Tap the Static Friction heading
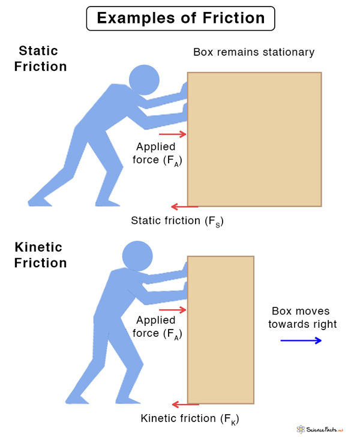click(42, 58)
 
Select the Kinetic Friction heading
click(40, 255)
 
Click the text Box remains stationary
click(253, 52)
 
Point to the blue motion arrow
click(301, 340)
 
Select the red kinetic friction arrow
click(185, 404)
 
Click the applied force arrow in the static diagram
click(173, 134)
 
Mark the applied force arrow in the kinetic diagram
click(173, 310)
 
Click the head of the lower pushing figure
click(138, 255)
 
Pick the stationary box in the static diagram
click(254, 139)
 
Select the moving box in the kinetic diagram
click(220, 330)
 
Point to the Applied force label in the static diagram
click(158, 154)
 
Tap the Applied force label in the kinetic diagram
click(158, 327)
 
